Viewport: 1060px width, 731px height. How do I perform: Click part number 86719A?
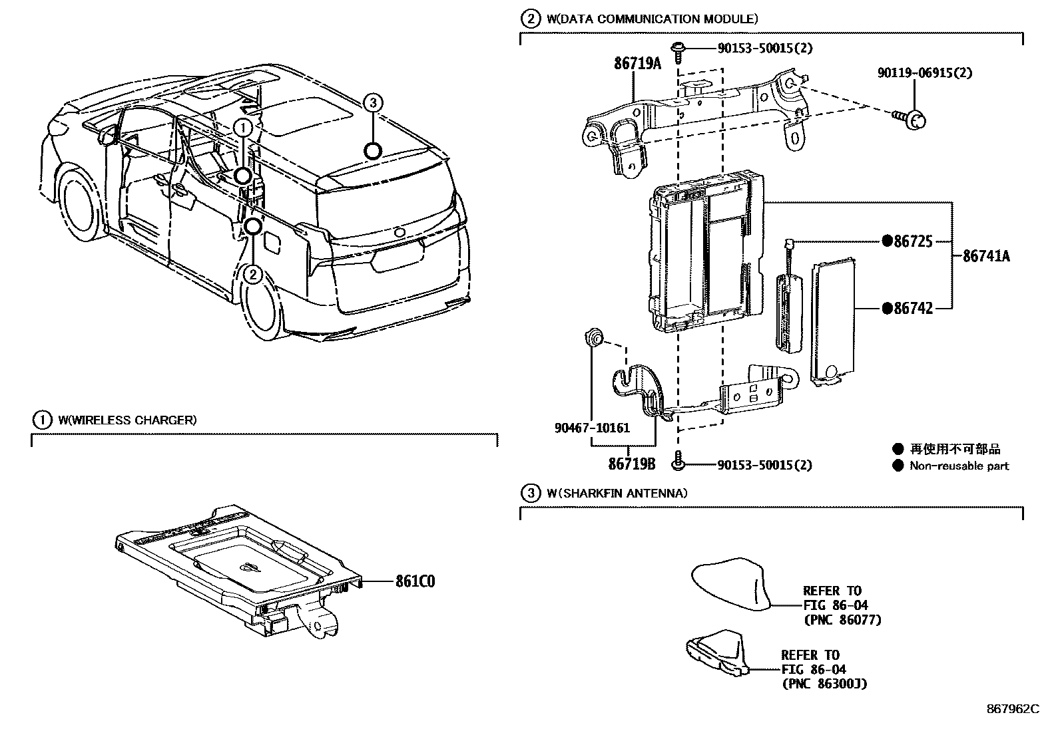[637, 64]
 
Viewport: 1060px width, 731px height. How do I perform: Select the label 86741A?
[986, 255]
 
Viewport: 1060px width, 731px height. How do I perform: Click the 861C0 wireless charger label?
[415, 581]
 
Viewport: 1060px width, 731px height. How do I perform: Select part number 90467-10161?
[592, 428]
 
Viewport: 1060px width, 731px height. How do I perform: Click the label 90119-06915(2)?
[924, 73]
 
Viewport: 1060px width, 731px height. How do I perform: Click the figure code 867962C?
[1013, 709]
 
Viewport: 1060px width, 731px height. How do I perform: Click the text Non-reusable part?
[959, 466]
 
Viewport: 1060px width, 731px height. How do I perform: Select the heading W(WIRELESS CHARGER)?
[127, 420]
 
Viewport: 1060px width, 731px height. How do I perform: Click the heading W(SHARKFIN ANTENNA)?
[617, 493]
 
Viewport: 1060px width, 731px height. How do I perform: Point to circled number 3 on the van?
[374, 102]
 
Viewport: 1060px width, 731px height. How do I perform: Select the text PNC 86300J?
[825, 683]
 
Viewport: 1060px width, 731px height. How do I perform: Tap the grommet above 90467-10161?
[592, 338]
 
